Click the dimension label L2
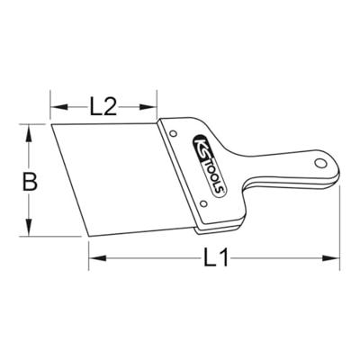tap(103, 107)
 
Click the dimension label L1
tap(216, 257)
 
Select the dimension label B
tap(30, 182)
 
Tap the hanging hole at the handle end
tap(320, 163)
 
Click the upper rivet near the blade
tap(173, 133)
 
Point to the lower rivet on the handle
tap(203, 204)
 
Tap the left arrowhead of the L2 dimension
tap(59, 107)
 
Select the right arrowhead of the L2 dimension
tap(148, 107)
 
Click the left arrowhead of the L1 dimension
tap(97, 257)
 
